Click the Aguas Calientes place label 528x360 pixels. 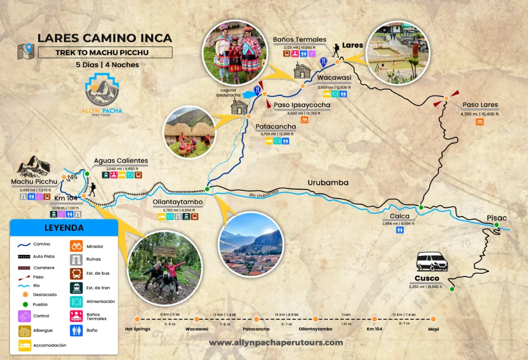click(x=121, y=161)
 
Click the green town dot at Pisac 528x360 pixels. click(x=496, y=225)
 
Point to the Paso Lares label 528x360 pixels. click(x=480, y=105)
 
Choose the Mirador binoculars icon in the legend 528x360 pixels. click(x=76, y=246)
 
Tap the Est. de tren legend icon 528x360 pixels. click(x=76, y=288)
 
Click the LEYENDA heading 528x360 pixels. click(x=64, y=228)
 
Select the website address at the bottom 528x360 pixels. click(x=276, y=342)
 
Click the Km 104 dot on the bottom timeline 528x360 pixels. click(x=374, y=319)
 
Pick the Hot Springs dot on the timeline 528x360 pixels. click(x=137, y=319)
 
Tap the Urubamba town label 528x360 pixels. click(x=328, y=183)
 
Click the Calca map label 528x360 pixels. click(x=400, y=216)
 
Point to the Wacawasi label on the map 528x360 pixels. click(x=334, y=78)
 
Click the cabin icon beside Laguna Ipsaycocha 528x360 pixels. click(x=240, y=107)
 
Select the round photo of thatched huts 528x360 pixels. click(x=188, y=132)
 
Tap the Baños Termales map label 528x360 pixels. click(x=299, y=39)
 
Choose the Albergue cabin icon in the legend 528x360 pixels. click(x=25, y=331)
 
